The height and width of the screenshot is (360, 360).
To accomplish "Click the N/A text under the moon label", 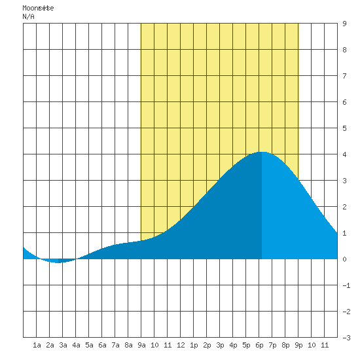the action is coord(28,16).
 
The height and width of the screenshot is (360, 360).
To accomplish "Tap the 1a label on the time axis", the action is coord(37,345).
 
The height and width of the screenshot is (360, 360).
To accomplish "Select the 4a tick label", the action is coord(76,345).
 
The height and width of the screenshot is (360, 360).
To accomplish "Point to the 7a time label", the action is coord(115,345).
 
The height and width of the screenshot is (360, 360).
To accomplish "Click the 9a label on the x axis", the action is coord(141,345).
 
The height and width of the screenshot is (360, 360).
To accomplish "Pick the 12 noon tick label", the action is coord(181,345).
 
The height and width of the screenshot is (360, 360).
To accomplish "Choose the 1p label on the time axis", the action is coord(194,346).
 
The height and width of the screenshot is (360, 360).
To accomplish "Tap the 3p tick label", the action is coord(220,346).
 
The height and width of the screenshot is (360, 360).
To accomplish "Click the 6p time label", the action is coord(259,346).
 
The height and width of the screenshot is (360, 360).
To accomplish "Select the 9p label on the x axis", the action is coord(298,346).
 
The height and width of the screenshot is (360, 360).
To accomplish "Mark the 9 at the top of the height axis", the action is coord(344,24).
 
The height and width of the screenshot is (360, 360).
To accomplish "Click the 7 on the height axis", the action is coord(344,76).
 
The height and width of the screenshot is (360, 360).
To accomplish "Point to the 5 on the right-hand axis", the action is coord(344,128).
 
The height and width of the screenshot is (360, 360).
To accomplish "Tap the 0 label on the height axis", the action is coord(344,259).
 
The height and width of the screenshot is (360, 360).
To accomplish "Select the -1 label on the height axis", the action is coord(346,285).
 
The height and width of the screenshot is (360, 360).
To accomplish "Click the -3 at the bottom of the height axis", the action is coord(346,338).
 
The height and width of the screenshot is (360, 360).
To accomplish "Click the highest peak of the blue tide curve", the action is coord(262,152).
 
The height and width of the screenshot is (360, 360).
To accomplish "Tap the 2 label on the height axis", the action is coord(344,207).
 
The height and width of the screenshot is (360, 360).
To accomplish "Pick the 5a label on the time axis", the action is coord(89,345).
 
